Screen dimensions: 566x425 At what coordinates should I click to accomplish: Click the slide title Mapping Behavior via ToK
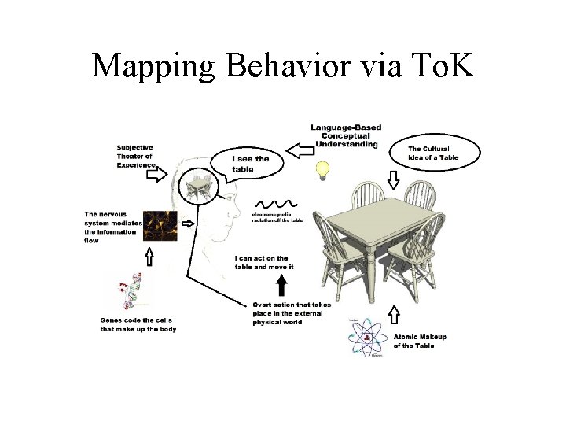tap(283, 65)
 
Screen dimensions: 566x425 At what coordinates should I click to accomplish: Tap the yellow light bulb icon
tap(322, 170)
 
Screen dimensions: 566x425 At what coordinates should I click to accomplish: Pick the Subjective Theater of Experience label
tap(135, 156)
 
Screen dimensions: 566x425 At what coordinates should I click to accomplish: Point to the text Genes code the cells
tap(138, 324)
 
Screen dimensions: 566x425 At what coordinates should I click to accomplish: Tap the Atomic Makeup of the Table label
tap(420, 342)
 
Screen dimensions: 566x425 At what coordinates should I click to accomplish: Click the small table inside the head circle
tap(196, 187)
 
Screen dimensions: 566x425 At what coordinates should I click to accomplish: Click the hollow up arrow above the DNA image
tap(149, 257)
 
